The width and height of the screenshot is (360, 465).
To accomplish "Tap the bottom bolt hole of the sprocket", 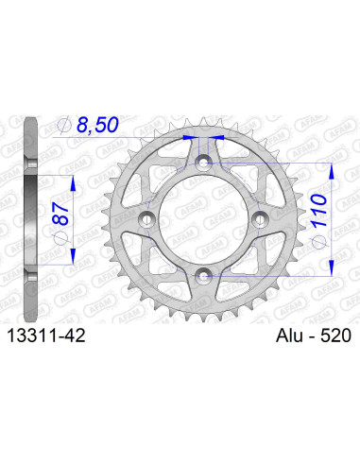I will pos(202,275).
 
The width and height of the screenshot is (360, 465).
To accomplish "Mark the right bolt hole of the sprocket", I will pos(257,220).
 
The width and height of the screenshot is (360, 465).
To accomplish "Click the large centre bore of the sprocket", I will pos(202,220).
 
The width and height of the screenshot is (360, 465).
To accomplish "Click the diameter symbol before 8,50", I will pos(64,125).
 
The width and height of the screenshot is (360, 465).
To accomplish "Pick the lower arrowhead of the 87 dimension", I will pos(68,258).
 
